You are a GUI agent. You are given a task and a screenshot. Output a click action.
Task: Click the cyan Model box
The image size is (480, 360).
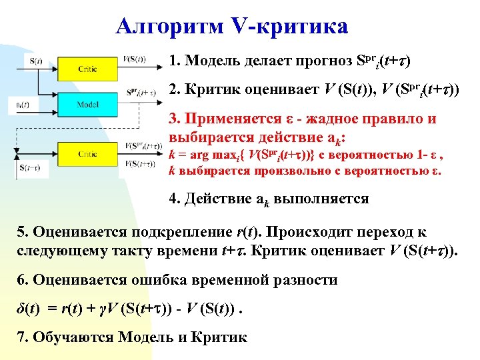point(88,105)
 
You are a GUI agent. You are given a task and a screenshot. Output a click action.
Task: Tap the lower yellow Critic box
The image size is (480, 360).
point(88,154)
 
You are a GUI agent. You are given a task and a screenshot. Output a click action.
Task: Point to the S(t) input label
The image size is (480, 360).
point(36,61)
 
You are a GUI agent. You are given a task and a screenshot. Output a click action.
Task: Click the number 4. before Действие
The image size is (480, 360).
point(174,199)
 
